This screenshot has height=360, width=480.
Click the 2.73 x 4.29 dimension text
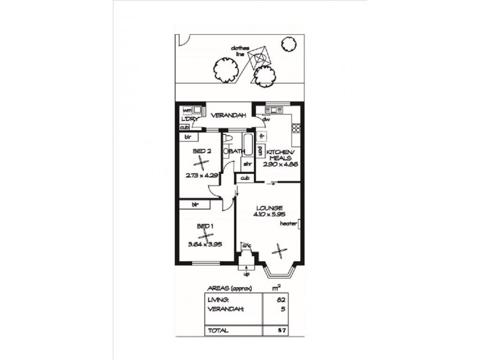coord(202,176)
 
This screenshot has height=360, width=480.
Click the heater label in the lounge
coord(288,224)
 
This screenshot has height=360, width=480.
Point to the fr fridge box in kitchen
coord(262,136)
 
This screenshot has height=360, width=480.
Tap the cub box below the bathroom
coord(245,178)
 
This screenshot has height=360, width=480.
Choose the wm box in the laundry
coord(187,110)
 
